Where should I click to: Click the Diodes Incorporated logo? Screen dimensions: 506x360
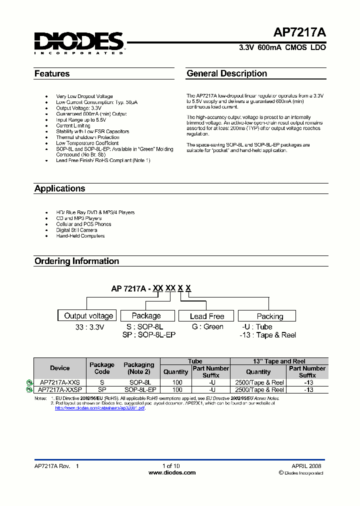click(x=79, y=43)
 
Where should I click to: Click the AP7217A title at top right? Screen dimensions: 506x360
click(x=299, y=33)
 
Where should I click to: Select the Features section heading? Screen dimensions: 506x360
click(x=52, y=74)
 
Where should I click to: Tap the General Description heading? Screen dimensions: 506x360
click(x=226, y=73)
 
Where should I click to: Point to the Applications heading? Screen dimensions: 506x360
click(x=59, y=188)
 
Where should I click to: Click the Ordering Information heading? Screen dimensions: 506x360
click(x=76, y=261)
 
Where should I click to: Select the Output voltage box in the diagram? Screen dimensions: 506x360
click(x=88, y=315)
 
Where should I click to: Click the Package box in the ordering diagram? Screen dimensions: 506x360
click(x=146, y=315)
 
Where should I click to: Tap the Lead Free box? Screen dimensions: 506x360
click(x=207, y=316)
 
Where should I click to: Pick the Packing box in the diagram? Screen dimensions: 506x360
click(x=269, y=316)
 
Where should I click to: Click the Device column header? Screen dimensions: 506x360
click(x=60, y=368)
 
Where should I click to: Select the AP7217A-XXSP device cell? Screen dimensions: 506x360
click(x=60, y=389)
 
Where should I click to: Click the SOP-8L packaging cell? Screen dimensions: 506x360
click(x=140, y=382)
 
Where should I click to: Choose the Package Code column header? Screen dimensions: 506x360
click(x=101, y=368)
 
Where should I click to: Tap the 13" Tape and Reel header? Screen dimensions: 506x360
click(x=278, y=361)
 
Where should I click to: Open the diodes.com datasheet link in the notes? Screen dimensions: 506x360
click(x=99, y=408)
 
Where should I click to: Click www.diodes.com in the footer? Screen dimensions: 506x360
click(x=172, y=472)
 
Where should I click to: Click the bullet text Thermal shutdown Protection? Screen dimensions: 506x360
click(x=87, y=137)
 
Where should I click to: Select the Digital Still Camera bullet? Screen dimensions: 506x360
click(x=76, y=230)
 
